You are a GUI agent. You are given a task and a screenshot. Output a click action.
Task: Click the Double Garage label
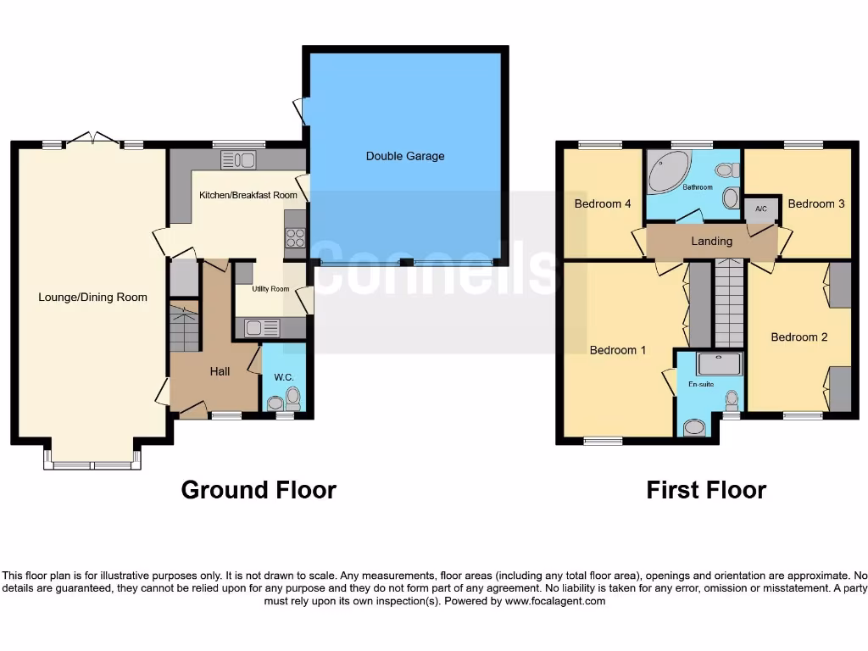point(405,156)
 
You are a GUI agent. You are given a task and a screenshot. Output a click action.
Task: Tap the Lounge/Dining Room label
point(92,298)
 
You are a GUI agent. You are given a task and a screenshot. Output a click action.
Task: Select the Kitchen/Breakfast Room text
point(248,195)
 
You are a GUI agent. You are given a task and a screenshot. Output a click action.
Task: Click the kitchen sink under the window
point(238,159)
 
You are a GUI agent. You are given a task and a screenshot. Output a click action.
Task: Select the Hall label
point(220,371)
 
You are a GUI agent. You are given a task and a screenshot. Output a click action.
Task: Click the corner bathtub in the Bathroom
point(669,172)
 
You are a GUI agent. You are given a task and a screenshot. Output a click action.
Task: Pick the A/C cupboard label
point(760,209)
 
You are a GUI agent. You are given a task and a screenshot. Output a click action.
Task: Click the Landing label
point(711,242)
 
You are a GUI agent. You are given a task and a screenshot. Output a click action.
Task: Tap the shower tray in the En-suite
point(718,364)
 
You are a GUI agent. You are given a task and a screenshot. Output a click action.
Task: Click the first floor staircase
point(728,304)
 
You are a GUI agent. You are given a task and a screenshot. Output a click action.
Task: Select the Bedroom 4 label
point(603,203)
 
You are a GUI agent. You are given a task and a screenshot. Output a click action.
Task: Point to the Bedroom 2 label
point(798,337)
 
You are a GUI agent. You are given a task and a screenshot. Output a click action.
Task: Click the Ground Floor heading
point(259,490)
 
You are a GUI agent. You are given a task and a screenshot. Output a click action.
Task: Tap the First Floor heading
point(706,490)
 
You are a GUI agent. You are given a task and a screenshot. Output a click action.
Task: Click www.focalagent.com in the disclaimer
point(555,601)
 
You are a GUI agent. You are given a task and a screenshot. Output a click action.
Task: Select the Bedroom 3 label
point(815,203)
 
